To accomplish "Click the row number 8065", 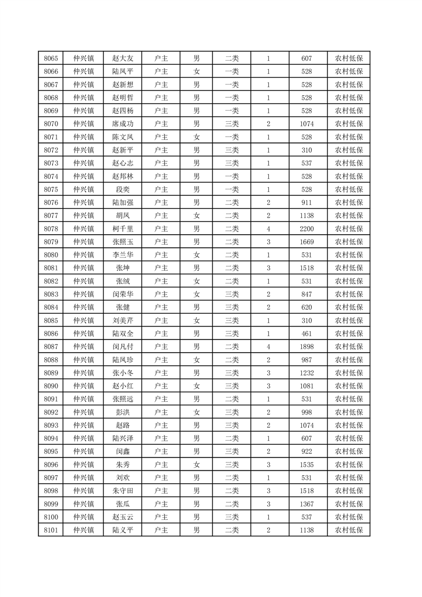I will coord(51,59).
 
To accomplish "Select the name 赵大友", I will coord(122,59).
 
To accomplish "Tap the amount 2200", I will coord(308,229).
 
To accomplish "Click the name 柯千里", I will coord(122,229).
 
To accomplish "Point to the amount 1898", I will coord(308,346).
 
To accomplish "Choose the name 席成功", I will coord(122,124).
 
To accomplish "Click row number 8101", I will coord(51,529).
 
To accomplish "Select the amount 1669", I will coord(308,242).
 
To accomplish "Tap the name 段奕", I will coord(122,189).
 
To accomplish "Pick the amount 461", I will coord(308,334).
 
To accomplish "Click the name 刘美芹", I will coord(122,320).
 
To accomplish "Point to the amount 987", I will coord(308,360).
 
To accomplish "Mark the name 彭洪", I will coord(122,412).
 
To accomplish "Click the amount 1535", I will coord(308,464).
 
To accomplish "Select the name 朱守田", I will coord(122,490).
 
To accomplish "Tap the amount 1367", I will coord(308,503).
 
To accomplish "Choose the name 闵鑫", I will coord(122,451).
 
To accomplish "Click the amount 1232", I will coord(308,373).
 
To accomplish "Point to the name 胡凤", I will coord(122,215).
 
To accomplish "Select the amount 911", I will coord(308,203).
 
